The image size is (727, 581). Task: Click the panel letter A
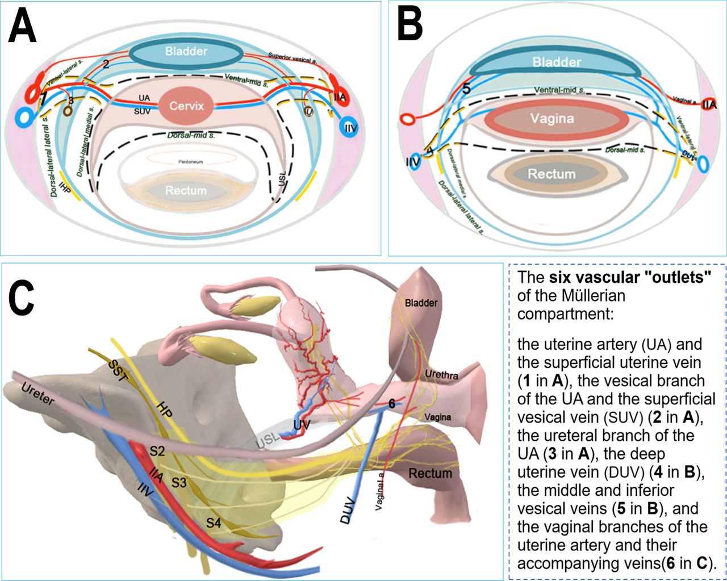(x=22, y=27)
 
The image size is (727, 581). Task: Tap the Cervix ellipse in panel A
(x=186, y=106)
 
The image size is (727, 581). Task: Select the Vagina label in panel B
(x=552, y=119)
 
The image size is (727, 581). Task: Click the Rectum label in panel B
(x=551, y=174)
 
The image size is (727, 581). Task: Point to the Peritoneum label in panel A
(x=189, y=162)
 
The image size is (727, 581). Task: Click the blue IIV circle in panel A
(x=350, y=128)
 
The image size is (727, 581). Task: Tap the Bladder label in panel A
(x=186, y=52)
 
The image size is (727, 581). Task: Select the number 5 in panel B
(x=466, y=89)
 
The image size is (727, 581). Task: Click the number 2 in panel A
(x=106, y=64)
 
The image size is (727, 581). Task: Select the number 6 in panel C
(x=391, y=403)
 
